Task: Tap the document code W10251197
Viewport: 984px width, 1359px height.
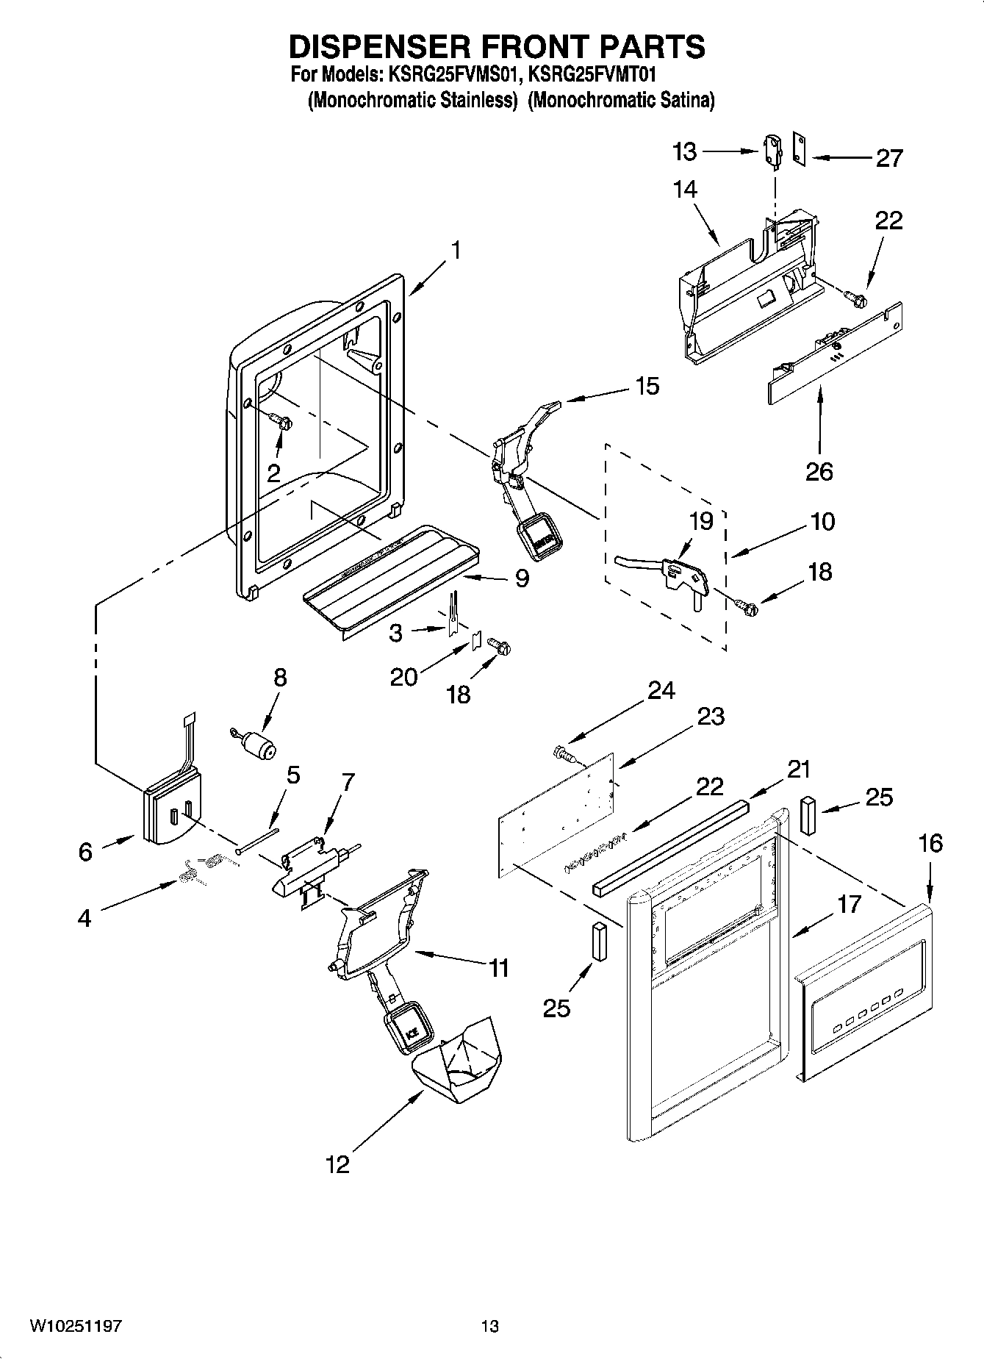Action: pyautogui.click(x=76, y=1326)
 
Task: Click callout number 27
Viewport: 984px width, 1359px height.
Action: pyautogui.click(x=888, y=158)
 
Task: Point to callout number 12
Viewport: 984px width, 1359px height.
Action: pyautogui.click(x=337, y=1164)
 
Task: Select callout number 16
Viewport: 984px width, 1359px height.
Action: pyautogui.click(x=930, y=843)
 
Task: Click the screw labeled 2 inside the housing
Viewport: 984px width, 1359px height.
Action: pyautogui.click(x=282, y=422)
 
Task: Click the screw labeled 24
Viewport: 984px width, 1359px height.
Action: pyautogui.click(x=564, y=753)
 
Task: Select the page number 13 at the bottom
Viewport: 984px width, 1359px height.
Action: pyautogui.click(x=489, y=1326)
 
